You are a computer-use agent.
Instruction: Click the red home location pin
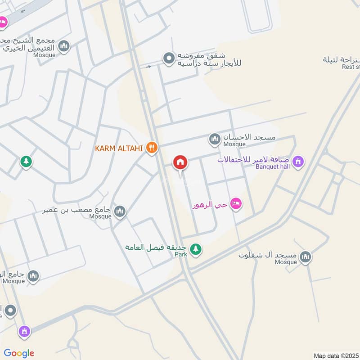[180, 162]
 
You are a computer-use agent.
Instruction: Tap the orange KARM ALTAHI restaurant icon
[152, 148]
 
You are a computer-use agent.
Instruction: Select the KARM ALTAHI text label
[119, 148]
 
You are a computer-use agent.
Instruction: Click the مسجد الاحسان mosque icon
[215, 139]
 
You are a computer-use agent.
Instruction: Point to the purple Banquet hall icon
[297, 161]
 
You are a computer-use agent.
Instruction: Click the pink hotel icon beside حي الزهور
[236, 204]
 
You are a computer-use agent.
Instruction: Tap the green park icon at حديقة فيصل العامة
[195, 248]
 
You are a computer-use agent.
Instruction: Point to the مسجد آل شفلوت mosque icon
[306, 257]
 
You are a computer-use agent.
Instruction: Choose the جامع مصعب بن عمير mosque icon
[119, 211]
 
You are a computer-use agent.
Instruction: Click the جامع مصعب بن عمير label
[77, 210]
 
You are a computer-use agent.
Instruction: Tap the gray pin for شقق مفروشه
[168, 58]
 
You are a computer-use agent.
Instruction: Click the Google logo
[18, 353]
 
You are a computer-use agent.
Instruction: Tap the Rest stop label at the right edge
[351, 67]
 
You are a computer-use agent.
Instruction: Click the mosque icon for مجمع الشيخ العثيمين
[64, 46]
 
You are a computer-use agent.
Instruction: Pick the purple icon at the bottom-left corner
[24, 332]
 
